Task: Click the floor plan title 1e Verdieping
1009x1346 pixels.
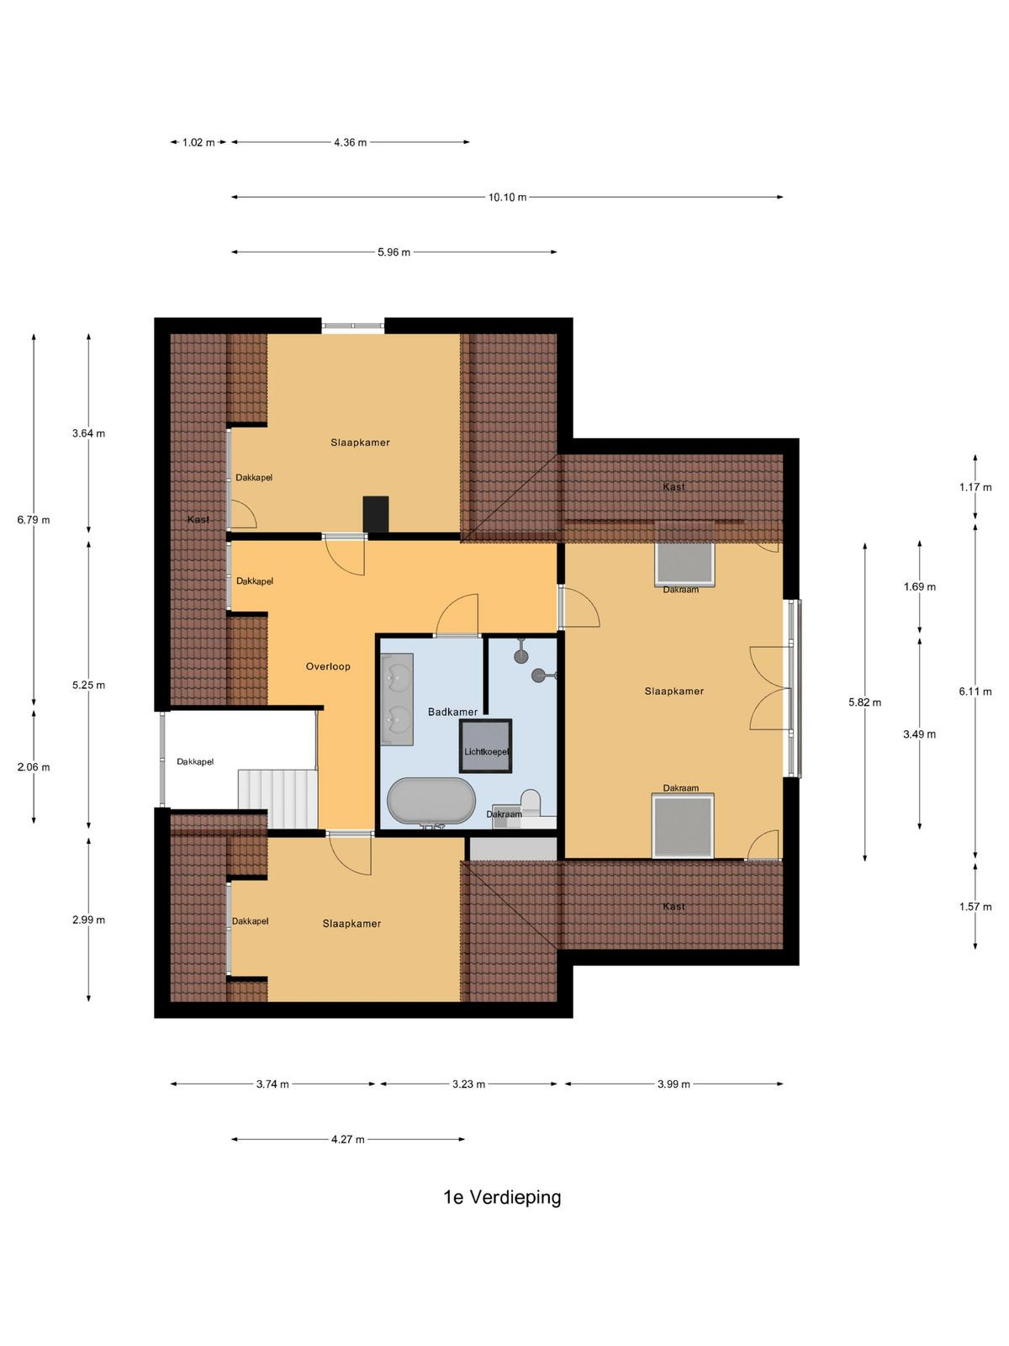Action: click(502, 1198)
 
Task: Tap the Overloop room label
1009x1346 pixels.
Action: click(328, 666)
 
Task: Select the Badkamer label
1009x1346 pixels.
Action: click(452, 712)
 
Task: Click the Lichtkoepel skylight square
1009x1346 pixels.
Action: click(486, 745)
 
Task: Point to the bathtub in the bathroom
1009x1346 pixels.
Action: click(431, 800)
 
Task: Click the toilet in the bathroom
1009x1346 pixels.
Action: click(531, 803)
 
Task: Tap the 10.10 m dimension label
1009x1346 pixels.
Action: click(507, 198)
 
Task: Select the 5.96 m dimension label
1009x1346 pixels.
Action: click(394, 252)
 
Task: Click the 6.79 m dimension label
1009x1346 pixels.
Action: click(34, 520)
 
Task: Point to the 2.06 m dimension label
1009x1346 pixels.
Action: click(34, 767)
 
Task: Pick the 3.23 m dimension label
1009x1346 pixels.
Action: click(468, 1084)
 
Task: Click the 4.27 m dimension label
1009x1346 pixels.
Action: click(348, 1139)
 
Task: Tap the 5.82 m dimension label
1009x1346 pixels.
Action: click(865, 702)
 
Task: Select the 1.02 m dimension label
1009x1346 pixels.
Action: click(198, 143)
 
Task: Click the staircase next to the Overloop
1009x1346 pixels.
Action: click(277, 799)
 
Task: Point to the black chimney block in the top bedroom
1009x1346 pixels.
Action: click(376, 515)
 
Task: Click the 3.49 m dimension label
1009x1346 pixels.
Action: click(920, 734)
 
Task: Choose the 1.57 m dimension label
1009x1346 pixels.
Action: click(975, 906)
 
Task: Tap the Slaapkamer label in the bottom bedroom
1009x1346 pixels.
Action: click(351, 924)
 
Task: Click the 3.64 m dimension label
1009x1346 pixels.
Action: click(88, 433)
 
